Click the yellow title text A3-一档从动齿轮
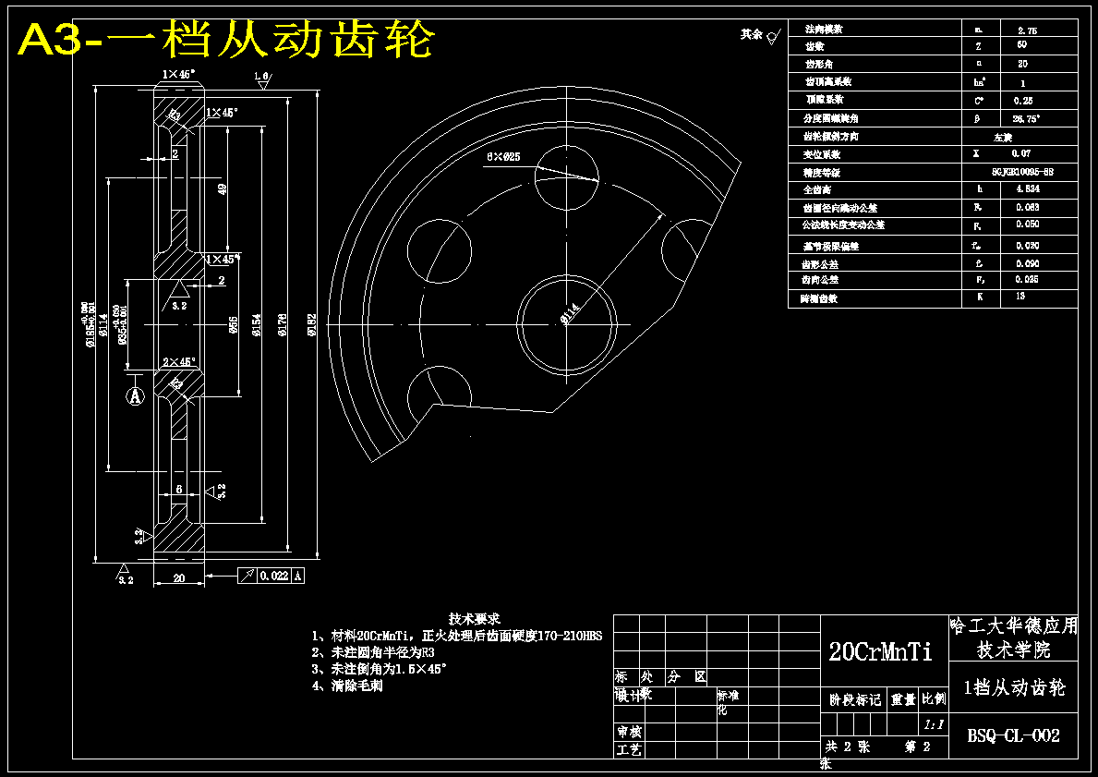click(x=226, y=39)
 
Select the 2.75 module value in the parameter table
click(x=1026, y=30)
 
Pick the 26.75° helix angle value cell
click(x=1025, y=118)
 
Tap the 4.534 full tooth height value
click(x=1026, y=188)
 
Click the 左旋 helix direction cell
click(x=1004, y=136)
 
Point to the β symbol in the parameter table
click(x=976, y=118)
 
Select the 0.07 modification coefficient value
click(x=1020, y=153)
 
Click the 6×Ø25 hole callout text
click(x=503, y=157)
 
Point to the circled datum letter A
click(x=136, y=396)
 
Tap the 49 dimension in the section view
click(x=222, y=188)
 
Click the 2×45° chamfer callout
click(x=178, y=362)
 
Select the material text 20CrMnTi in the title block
click(x=880, y=651)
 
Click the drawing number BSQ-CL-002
click(x=1013, y=736)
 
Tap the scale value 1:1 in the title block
click(x=933, y=725)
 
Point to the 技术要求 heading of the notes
click(x=475, y=618)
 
